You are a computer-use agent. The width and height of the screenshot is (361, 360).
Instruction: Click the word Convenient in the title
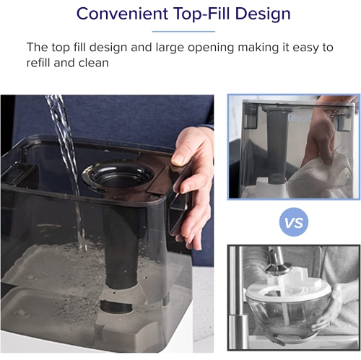[x=122, y=14]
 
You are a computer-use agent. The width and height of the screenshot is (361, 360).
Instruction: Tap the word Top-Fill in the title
[x=201, y=14]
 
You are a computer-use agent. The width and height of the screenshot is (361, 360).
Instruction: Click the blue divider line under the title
[x=183, y=32]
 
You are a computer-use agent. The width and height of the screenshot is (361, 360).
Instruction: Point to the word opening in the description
[x=211, y=48]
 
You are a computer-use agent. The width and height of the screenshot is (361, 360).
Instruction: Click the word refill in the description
[x=38, y=63]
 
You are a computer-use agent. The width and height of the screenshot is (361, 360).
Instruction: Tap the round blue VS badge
[x=294, y=222]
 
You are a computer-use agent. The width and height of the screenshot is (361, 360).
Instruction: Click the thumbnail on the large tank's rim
[x=178, y=159]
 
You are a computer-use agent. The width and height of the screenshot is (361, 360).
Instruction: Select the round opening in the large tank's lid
[x=118, y=175]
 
